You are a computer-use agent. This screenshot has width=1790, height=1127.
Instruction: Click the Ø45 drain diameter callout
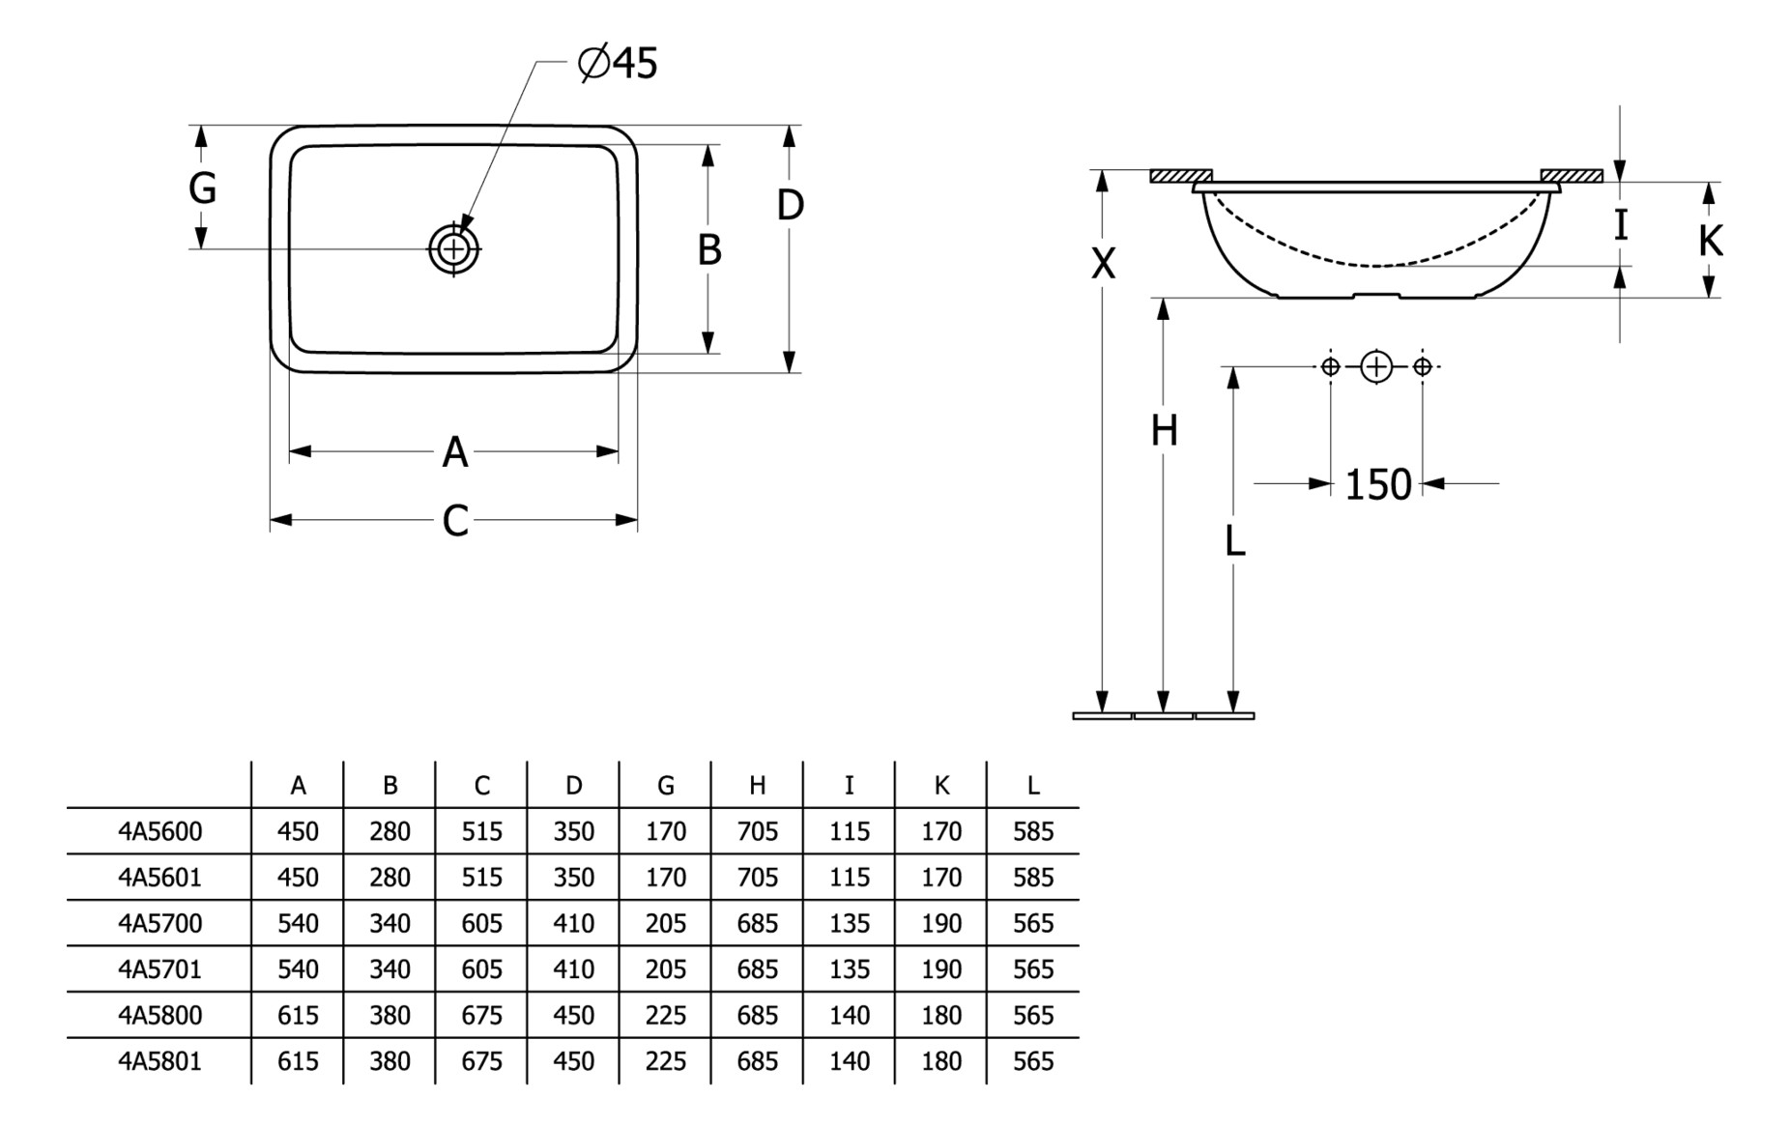(619, 64)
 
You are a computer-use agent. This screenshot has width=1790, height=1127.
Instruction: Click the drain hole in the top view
(453, 249)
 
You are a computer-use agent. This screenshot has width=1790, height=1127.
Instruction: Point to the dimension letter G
(202, 188)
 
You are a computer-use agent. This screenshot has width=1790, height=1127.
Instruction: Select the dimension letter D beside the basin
(790, 205)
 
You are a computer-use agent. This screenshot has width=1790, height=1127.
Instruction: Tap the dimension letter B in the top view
(709, 249)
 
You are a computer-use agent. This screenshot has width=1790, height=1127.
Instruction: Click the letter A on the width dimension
(454, 452)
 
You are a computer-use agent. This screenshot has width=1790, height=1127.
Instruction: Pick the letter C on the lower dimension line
(454, 521)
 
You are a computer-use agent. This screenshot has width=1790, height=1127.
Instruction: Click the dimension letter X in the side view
(1103, 263)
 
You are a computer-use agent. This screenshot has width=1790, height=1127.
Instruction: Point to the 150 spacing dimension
(1377, 484)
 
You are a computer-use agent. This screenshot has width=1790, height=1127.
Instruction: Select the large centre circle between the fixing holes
(1376, 367)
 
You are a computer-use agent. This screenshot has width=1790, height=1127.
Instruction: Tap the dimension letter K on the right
(1710, 241)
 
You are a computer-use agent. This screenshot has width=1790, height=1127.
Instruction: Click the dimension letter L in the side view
(1234, 542)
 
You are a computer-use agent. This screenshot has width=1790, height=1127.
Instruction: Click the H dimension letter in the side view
(1164, 430)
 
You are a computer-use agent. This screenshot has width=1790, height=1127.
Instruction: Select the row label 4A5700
(160, 923)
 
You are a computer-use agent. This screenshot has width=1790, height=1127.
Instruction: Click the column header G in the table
(665, 786)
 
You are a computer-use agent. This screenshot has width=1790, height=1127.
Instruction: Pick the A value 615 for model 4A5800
(298, 1015)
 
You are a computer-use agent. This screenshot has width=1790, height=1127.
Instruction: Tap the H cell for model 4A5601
(757, 878)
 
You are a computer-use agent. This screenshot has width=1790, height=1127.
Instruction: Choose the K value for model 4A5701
(940, 969)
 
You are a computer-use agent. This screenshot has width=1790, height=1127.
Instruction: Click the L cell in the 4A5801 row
(1032, 1061)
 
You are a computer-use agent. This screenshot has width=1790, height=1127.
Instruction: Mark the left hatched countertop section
(1180, 176)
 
